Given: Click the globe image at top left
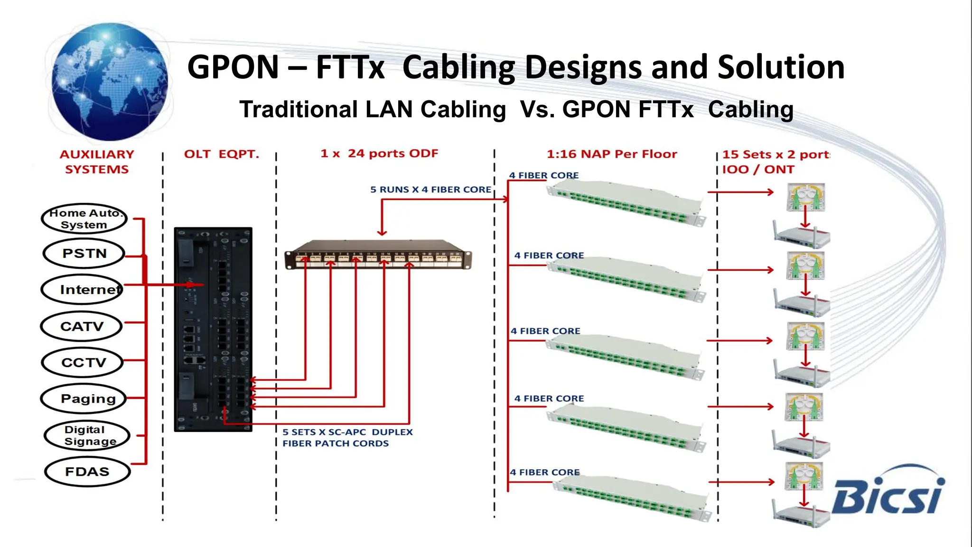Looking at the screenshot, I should tap(109, 82).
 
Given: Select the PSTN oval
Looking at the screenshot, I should tap(84, 254).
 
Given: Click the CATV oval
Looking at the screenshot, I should tap(82, 326).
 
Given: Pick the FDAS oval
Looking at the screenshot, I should tap(87, 472).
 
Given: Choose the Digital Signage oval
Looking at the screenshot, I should tap(86, 435).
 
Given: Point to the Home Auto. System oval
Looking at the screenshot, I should tap(84, 219).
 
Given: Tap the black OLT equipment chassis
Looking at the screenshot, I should tap(213, 329).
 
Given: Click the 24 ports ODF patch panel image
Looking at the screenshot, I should tap(378, 255).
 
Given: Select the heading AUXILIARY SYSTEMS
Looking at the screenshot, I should tap(97, 162).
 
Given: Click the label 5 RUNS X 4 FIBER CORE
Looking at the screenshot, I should tap(430, 189).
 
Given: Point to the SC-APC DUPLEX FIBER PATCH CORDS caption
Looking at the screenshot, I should tap(347, 438).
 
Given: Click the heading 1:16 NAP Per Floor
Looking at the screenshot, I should tap(612, 154).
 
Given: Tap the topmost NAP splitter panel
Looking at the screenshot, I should tap(626, 201).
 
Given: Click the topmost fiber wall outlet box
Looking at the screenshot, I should tap(806, 197).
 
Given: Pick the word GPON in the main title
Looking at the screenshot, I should tap(233, 67).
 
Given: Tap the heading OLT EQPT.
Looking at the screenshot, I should tap(222, 154).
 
